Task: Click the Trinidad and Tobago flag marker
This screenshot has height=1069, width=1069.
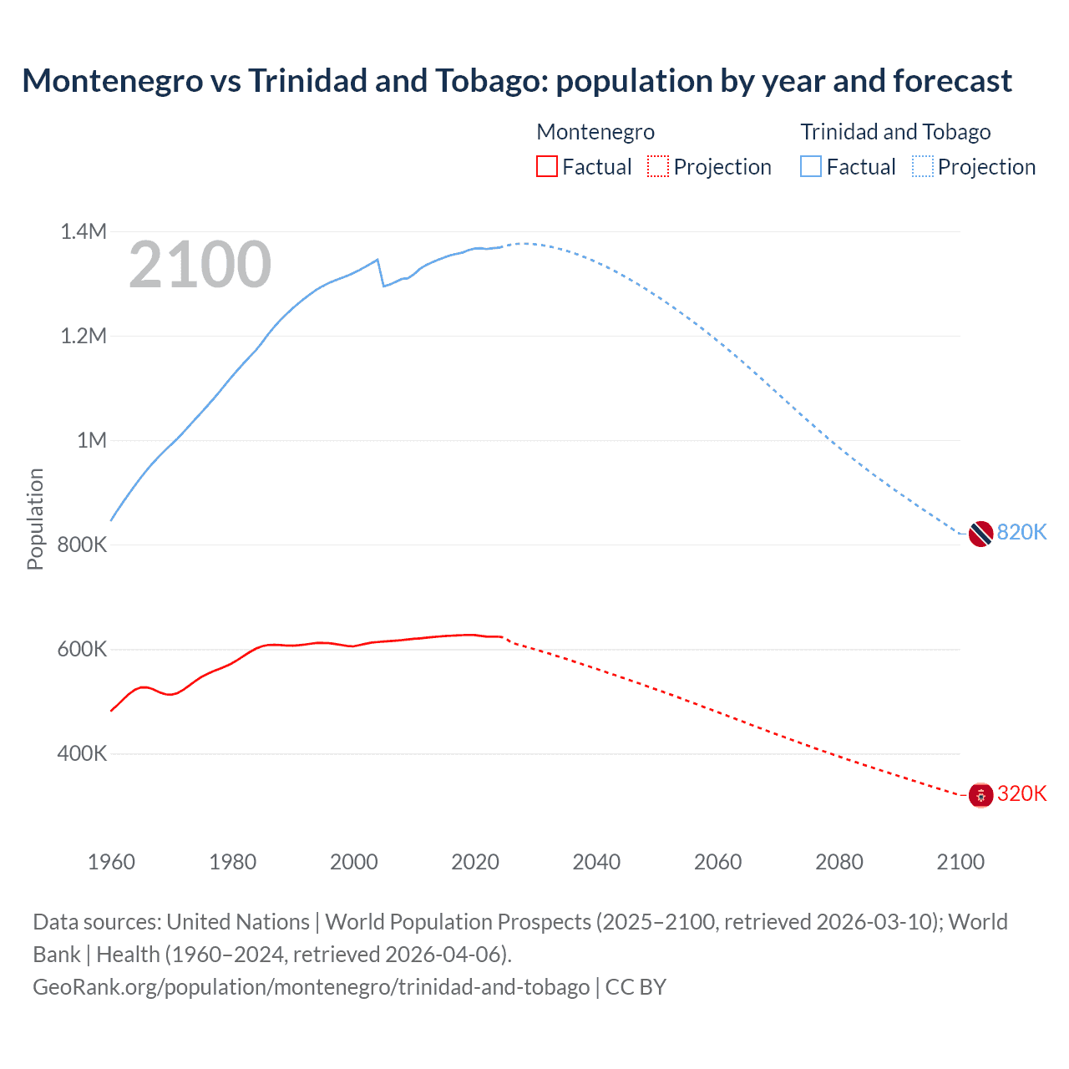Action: [980, 533]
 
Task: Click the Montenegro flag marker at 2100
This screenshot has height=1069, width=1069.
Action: [980, 795]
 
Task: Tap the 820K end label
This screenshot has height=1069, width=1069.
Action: [1021, 533]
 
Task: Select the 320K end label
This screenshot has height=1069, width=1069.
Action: [1021, 794]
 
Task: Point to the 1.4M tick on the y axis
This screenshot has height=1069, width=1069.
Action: [84, 231]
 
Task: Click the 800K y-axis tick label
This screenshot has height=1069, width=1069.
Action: [82, 545]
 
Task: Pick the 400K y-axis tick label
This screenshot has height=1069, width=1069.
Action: [82, 753]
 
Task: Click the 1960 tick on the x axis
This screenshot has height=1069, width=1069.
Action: [111, 862]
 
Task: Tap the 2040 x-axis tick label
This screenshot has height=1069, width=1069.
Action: [596, 862]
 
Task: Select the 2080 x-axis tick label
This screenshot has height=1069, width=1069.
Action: [838, 862]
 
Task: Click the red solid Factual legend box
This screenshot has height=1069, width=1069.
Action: [546, 167]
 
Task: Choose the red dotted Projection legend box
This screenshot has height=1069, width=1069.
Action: [658, 167]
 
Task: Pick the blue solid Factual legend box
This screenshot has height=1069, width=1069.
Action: [810, 167]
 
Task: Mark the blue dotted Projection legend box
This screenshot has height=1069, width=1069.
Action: [922, 167]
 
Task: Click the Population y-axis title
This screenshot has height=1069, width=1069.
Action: [35, 519]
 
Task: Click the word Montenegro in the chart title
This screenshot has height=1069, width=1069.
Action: [112, 81]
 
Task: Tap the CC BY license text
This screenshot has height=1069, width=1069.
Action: [636, 987]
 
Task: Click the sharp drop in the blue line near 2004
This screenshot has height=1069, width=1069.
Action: [381, 273]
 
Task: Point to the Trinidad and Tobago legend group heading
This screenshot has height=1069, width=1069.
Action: [895, 132]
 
